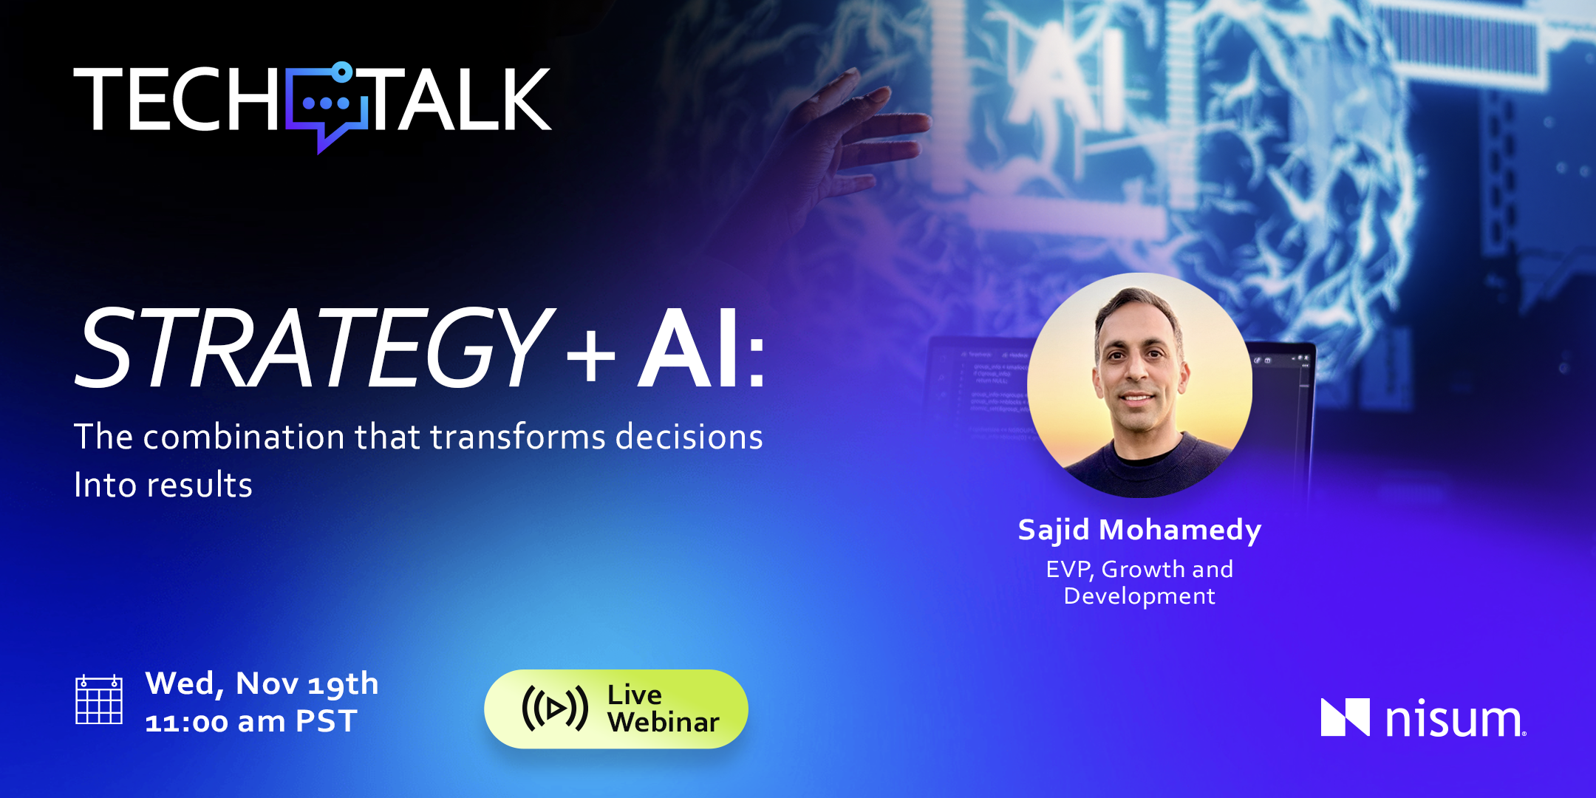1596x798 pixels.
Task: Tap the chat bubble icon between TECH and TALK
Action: pyautogui.click(x=327, y=107)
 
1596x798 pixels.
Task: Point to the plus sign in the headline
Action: pyautogui.click(x=590, y=356)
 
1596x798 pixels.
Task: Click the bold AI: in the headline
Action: pyautogui.click(x=701, y=347)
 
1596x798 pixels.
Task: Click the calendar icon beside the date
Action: pyautogui.click(x=99, y=700)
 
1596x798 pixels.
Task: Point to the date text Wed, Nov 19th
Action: pyautogui.click(x=262, y=684)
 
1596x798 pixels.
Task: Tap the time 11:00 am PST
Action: pyautogui.click(x=251, y=722)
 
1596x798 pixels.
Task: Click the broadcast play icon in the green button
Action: pyautogui.click(x=555, y=709)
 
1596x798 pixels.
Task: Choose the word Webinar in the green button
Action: pyautogui.click(x=664, y=723)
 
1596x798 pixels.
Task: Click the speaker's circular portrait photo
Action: pyautogui.click(x=1139, y=385)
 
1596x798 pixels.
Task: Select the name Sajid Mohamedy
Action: pyautogui.click(x=1139, y=531)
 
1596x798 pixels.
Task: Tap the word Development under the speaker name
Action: pyautogui.click(x=1139, y=596)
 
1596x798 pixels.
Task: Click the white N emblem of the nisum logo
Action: pyautogui.click(x=1345, y=717)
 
